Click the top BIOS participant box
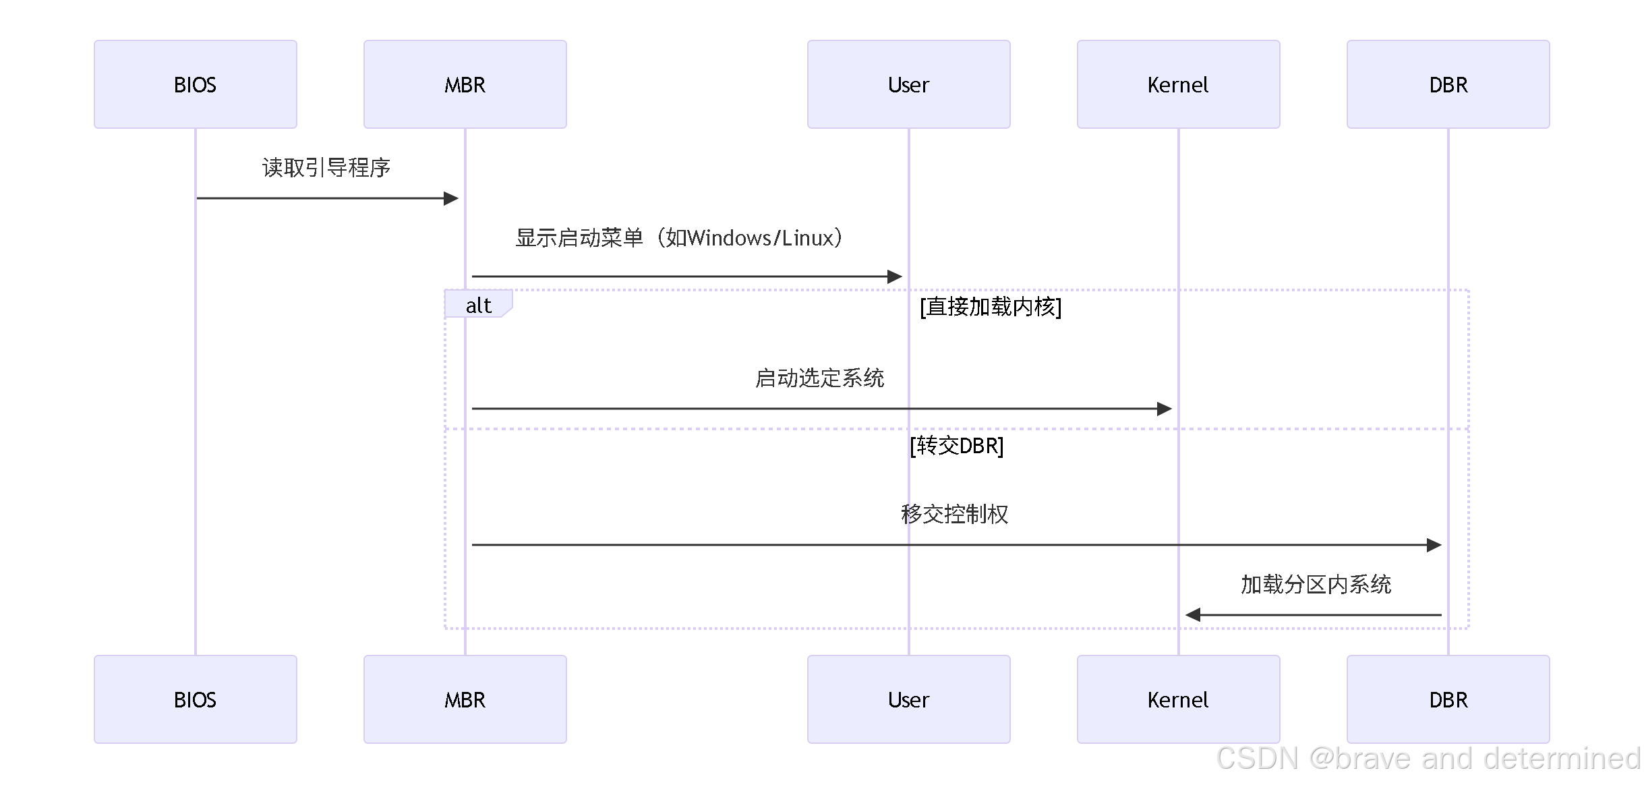point(195,84)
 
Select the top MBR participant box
point(465,84)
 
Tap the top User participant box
point(908,84)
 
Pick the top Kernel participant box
point(1178,84)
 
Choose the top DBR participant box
point(1448,84)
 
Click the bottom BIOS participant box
point(195,699)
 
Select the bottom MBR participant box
point(465,699)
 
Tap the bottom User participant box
point(908,699)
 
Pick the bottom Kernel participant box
point(1178,699)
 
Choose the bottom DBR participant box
point(1448,699)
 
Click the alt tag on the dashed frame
point(478,305)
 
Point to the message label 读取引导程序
point(326,167)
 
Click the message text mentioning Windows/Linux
point(680,238)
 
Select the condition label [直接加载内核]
point(991,307)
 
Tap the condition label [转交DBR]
point(956,446)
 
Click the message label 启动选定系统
point(819,378)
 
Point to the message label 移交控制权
point(954,514)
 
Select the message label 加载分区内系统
point(1316,584)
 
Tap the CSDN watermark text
point(1428,759)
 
